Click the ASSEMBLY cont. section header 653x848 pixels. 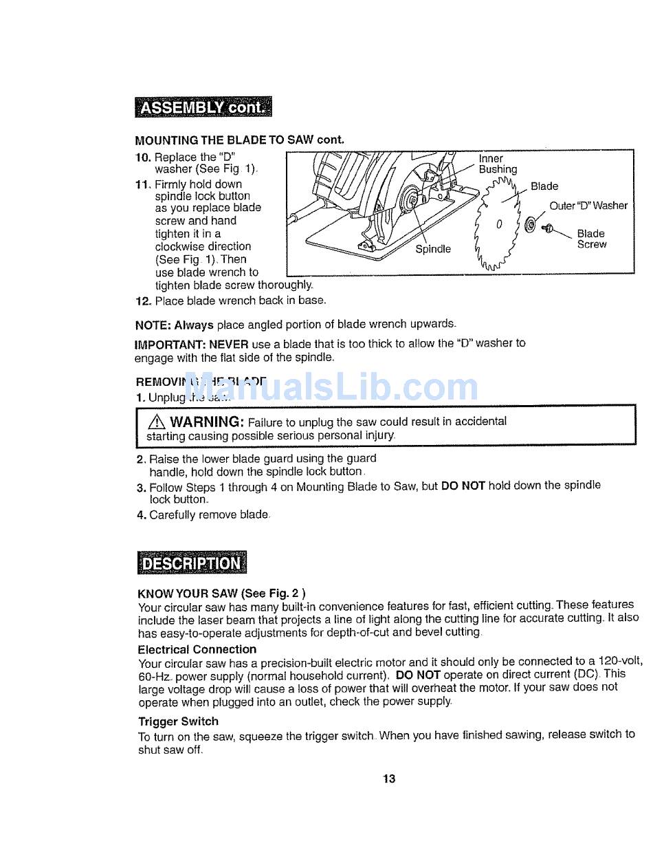pyautogui.click(x=203, y=109)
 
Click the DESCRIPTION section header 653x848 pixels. pyautogui.click(x=190, y=563)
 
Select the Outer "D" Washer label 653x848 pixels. pyautogui.click(x=588, y=206)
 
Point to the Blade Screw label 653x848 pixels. pyautogui.click(x=591, y=239)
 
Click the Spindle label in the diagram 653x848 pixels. pyautogui.click(x=433, y=248)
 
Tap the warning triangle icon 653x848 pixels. pyautogui.click(x=156, y=422)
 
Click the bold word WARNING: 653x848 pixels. pyautogui.click(x=208, y=421)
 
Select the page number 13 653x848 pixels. pyautogui.click(x=389, y=779)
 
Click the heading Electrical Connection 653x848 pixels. pyautogui.click(x=197, y=649)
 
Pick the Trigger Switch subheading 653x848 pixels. pyautogui.click(x=178, y=721)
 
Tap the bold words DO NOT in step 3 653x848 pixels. pyautogui.click(x=463, y=486)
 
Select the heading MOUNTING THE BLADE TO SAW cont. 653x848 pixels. pyautogui.click(x=239, y=140)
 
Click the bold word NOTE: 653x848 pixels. pyautogui.click(x=153, y=324)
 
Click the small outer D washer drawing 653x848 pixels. pyautogui.click(x=529, y=224)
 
